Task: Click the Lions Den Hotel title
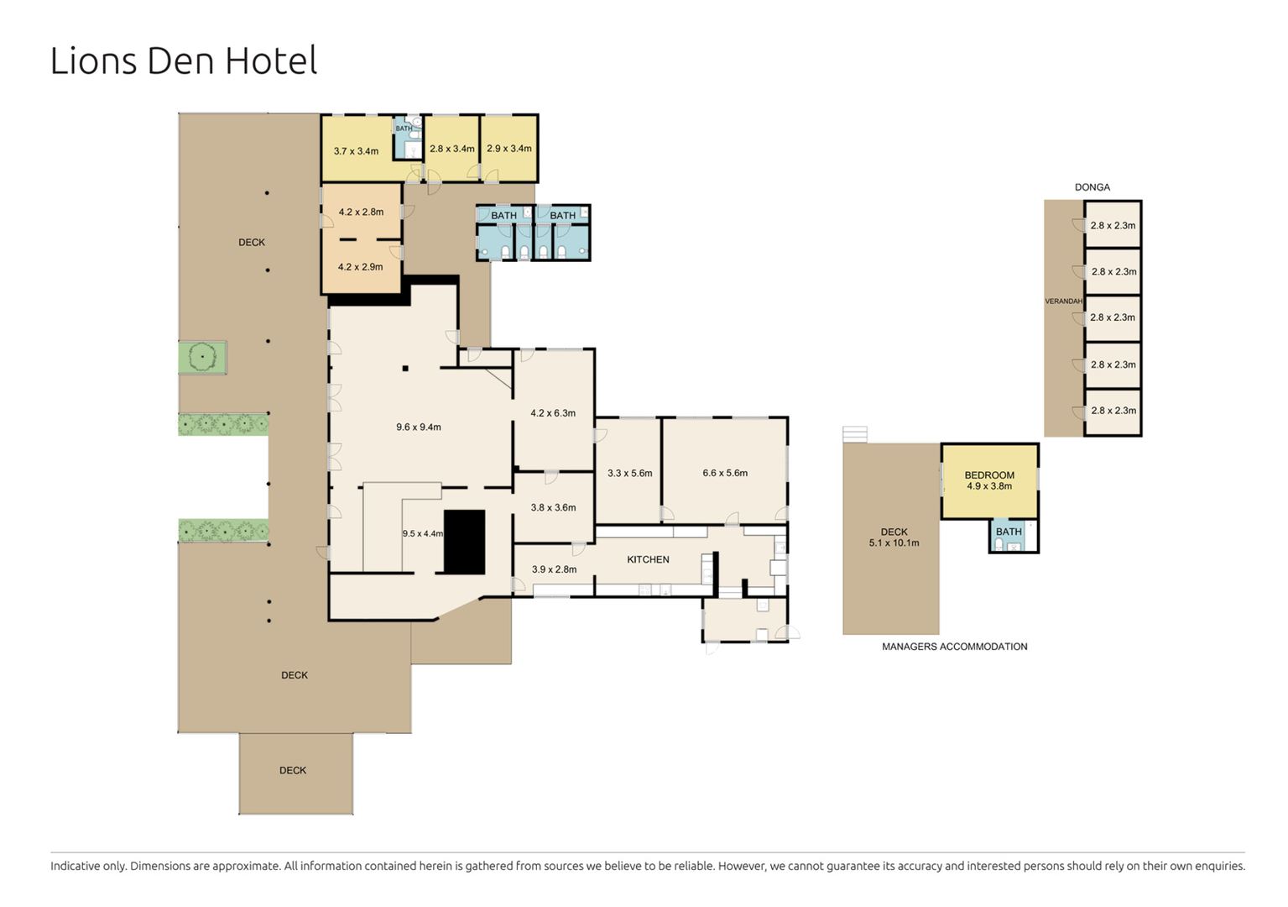184,60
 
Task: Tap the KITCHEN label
648,559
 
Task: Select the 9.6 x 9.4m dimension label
419,427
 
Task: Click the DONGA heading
1092,187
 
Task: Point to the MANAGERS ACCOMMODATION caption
955,647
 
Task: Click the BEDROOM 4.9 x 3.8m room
989,480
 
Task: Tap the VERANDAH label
1064,301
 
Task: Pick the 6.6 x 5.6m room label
725,473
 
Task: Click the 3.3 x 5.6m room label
629,473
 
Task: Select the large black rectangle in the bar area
464,543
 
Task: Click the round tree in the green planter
202,358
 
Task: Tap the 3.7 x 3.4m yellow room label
356,151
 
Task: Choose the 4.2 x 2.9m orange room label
360,267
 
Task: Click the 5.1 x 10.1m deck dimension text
894,543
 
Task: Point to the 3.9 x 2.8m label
554,569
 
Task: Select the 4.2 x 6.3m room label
553,412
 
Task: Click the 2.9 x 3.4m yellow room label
508,149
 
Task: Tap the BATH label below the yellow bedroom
1009,532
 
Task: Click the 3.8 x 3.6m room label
553,507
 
